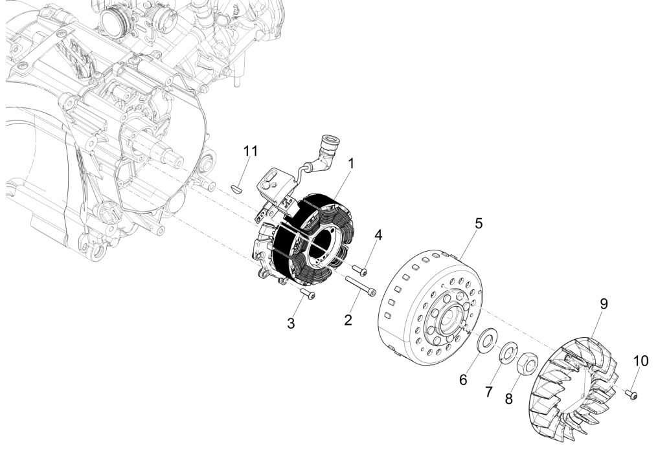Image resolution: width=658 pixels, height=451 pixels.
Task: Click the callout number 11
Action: (250, 151)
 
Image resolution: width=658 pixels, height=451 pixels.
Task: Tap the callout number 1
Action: (350, 164)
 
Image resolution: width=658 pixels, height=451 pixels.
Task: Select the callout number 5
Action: (479, 223)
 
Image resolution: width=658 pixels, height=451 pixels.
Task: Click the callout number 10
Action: (639, 360)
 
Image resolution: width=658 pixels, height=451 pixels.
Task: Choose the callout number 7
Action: (490, 390)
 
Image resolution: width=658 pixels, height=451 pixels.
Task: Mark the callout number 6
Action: (463, 380)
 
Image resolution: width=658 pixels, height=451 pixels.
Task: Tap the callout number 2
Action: (348, 318)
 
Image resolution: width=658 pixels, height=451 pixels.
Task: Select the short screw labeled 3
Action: (309, 294)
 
